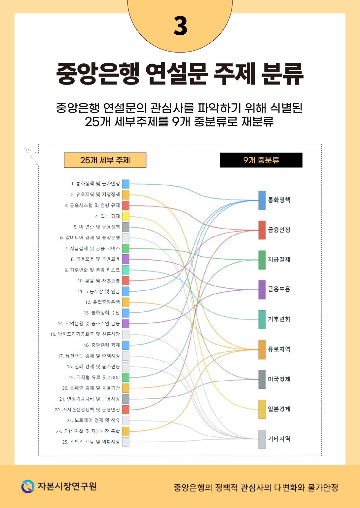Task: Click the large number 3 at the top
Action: pyautogui.click(x=180, y=26)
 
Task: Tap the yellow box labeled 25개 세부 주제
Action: pyautogui.click(x=105, y=160)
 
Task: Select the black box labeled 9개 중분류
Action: pyautogui.click(x=261, y=160)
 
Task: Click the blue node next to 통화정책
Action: pyautogui.click(x=262, y=200)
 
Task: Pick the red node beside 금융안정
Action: pyautogui.click(x=262, y=230)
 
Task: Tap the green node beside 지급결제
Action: pyautogui.click(x=262, y=260)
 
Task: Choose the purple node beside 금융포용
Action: pyautogui.click(x=262, y=290)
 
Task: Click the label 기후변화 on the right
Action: pyautogui.click(x=279, y=319)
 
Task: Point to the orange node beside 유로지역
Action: pyautogui.click(x=262, y=349)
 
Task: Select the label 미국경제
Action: pyautogui.click(x=279, y=379)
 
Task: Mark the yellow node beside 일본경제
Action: pyautogui.click(x=262, y=409)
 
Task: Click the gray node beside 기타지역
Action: pyautogui.click(x=262, y=439)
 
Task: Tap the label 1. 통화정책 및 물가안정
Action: pyautogui.click(x=95, y=184)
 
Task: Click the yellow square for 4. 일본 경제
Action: pyautogui.click(x=126, y=216)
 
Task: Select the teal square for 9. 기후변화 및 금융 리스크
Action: pyautogui.click(x=126, y=270)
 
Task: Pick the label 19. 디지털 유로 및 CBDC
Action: pyautogui.click(x=94, y=377)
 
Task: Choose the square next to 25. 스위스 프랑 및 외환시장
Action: pyautogui.click(x=126, y=442)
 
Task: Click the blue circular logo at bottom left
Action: pyautogui.click(x=28, y=486)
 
